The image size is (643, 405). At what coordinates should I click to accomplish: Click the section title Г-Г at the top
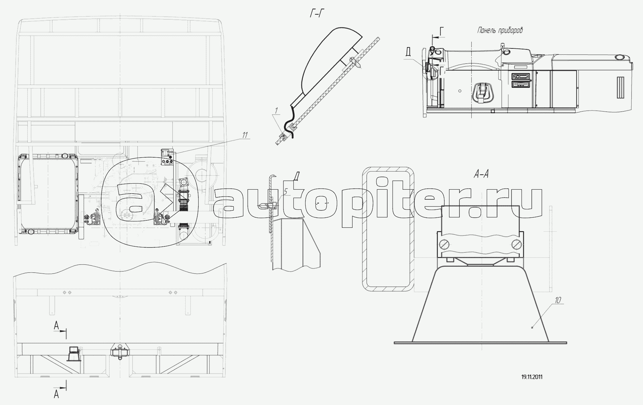click(x=317, y=14)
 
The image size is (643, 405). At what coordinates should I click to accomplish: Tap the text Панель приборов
click(x=500, y=30)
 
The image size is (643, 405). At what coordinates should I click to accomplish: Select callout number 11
click(x=245, y=135)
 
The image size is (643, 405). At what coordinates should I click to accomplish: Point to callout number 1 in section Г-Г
click(x=276, y=111)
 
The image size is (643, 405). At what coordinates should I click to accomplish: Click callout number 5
click(x=285, y=191)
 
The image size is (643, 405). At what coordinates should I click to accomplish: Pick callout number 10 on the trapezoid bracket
click(x=558, y=300)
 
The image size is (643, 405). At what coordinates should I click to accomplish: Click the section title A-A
click(x=481, y=174)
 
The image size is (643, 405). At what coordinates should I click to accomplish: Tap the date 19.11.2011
click(x=532, y=377)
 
